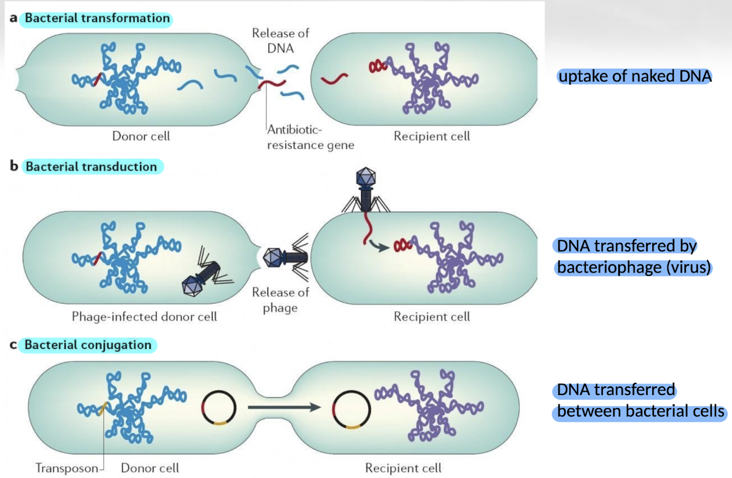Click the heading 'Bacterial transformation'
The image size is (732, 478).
(x=97, y=18)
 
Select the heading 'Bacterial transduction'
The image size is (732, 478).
(x=91, y=166)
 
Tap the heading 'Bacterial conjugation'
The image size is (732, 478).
(x=88, y=346)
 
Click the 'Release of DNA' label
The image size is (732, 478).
(x=280, y=40)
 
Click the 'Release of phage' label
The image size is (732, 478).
(x=280, y=300)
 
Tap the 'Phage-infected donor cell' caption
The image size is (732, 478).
(x=145, y=317)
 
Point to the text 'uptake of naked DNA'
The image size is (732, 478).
(x=634, y=76)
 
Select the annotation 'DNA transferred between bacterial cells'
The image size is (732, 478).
(x=640, y=401)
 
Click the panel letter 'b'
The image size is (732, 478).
(x=14, y=166)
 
